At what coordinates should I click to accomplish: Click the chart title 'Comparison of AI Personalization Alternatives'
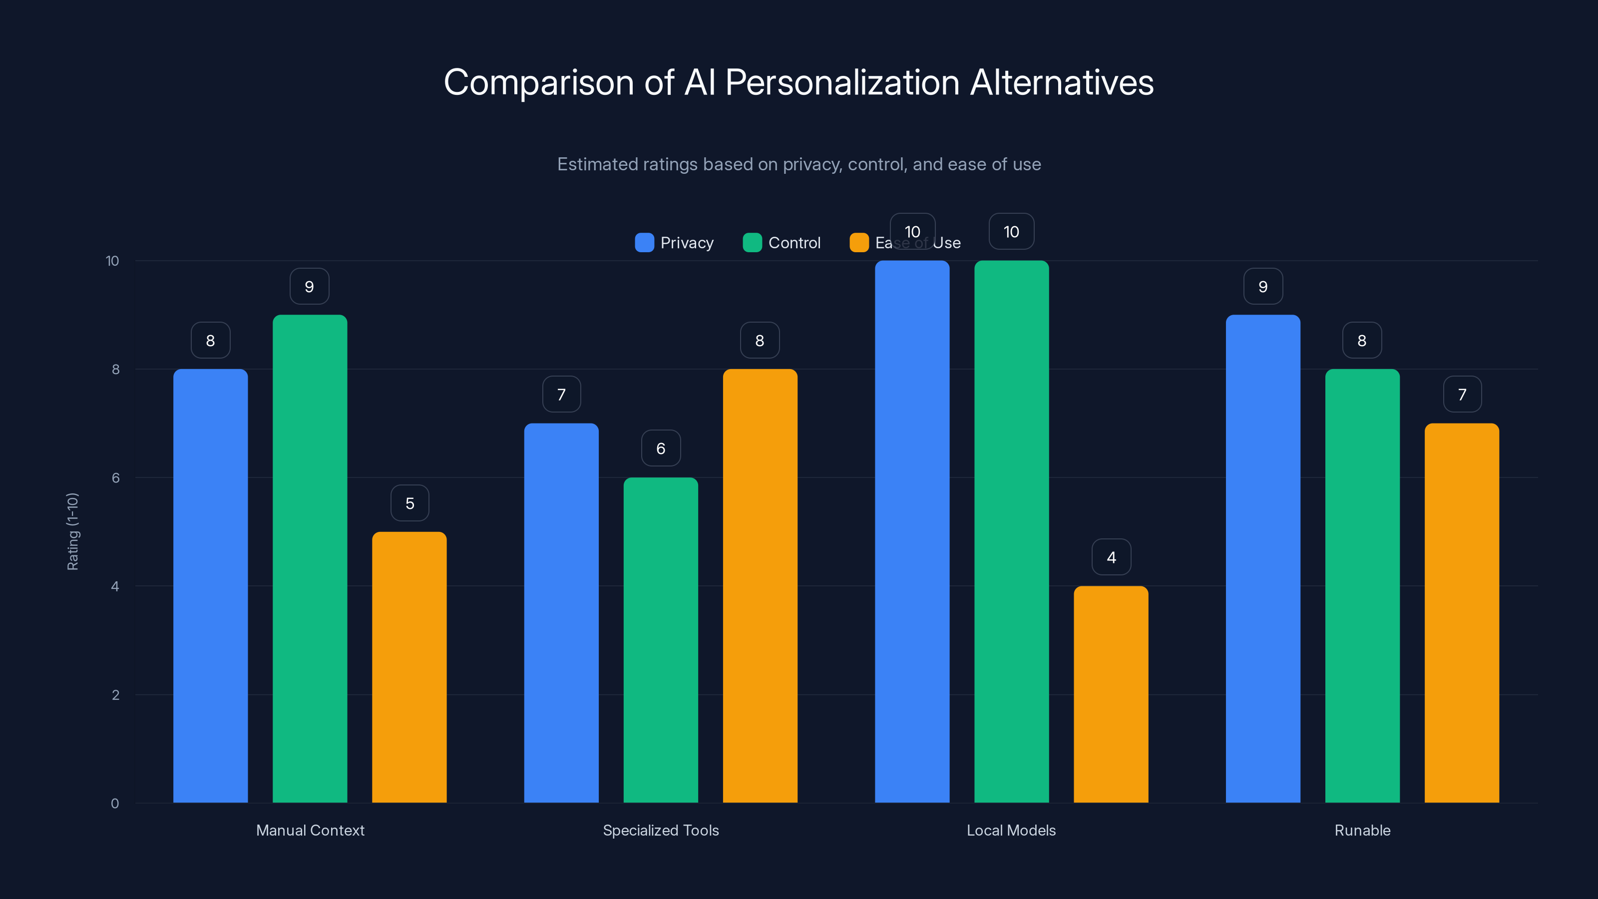click(x=799, y=82)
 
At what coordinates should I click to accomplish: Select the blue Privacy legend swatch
click(x=644, y=243)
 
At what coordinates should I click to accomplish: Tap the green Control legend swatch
click(x=752, y=243)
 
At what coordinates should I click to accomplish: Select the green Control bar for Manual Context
click(x=310, y=558)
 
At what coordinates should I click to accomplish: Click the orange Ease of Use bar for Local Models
click(x=1111, y=694)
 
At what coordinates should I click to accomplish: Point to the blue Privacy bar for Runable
click(x=1262, y=558)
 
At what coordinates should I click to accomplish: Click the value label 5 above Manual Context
click(x=409, y=503)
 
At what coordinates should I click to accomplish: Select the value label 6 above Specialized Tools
click(x=661, y=449)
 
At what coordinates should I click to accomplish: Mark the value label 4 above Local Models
click(x=1111, y=557)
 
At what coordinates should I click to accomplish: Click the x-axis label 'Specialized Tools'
click(x=661, y=830)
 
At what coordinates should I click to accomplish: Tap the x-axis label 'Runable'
click(x=1362, y=830)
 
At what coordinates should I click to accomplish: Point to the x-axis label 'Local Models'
click(x=1011, y=830)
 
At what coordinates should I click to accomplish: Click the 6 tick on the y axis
click(x=115, y=478)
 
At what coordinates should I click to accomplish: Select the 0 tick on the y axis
click(x=115, y=804)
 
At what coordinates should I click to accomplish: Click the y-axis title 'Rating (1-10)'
click(x=72, y=532)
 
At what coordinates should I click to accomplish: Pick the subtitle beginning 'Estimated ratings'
click(x=799, y=164)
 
